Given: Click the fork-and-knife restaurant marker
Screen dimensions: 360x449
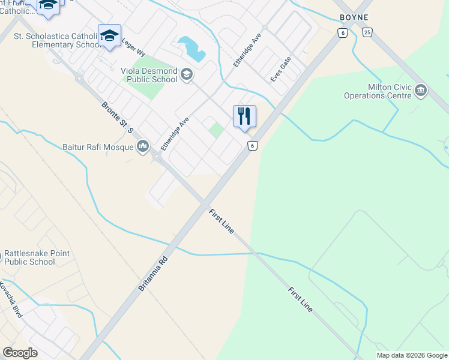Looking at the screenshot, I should click(244, 116).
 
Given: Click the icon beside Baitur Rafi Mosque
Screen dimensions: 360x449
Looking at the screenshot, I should click(143, 146).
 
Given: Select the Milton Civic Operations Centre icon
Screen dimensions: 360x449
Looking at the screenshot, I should click(420, 91).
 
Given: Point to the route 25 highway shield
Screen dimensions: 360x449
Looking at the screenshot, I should click(367, 32).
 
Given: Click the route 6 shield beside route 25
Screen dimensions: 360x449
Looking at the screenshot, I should click(342, 33).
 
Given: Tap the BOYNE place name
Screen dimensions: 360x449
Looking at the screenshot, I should click(354, 17).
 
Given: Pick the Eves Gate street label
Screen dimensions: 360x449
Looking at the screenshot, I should click(281, 69).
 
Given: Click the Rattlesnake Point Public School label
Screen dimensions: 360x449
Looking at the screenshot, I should click(37, 257).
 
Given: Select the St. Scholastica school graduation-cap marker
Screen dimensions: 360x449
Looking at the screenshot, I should click(109, 35).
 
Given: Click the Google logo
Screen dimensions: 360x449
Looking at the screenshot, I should click(20, 353).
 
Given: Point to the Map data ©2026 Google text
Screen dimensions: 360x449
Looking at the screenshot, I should click(411, 355).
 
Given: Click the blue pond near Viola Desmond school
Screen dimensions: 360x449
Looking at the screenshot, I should click(191, 47).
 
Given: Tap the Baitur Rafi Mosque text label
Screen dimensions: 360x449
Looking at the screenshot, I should click(98, 146).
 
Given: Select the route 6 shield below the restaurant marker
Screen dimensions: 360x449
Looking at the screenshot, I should click(253, 146).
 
